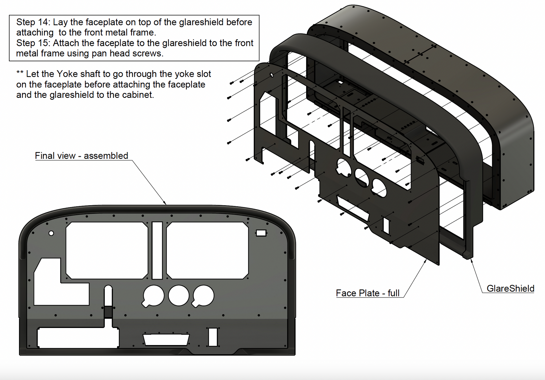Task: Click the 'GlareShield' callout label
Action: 510,288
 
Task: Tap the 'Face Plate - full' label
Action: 367,293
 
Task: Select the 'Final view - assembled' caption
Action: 81,156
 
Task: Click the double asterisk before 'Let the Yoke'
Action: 20,73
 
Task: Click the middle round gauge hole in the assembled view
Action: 179,295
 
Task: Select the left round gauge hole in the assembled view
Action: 153,296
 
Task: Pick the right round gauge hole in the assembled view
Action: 204,295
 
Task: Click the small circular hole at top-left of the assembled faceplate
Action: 51,233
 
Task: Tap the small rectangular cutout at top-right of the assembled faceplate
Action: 261,233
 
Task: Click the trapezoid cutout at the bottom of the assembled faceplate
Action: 166,339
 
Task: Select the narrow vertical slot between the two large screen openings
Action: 157,250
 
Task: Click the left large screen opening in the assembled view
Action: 107,250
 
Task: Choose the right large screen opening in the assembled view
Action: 207,250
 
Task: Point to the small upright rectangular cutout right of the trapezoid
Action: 213,337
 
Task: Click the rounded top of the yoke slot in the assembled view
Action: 108,288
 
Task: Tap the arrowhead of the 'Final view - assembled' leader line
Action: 165,203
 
